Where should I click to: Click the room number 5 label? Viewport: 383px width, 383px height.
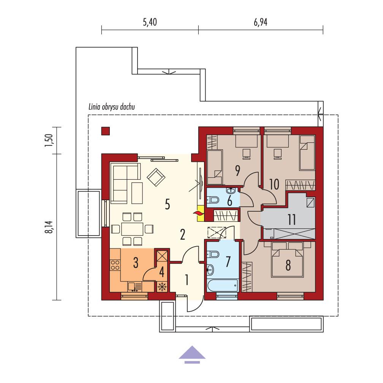click(x=168, y=204)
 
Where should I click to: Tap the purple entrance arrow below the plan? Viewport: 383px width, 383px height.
click(x=192, y=353)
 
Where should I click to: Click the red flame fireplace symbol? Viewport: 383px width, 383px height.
click(x=198, y=215)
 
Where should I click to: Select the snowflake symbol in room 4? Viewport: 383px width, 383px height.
click(x=162, y=287)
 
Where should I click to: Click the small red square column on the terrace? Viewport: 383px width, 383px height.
click(x=106, y=131)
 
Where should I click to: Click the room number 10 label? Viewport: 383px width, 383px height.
click(x=274, y=184)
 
